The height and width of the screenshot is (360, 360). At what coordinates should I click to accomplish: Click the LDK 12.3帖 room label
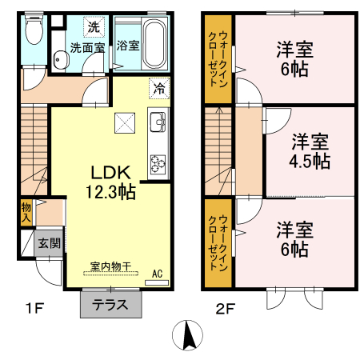[110, 182]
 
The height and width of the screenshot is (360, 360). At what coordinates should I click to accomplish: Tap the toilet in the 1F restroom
[32, 32]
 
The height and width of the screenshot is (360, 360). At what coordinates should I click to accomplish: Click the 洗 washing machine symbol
[94, 27]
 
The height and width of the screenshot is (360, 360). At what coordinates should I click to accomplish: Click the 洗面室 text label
[87, 47]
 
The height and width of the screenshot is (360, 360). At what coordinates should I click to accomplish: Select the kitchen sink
[157, 124]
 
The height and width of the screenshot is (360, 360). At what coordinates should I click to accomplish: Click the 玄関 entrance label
[48, 242]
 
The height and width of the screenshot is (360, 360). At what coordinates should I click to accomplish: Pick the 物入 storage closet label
[26, 212]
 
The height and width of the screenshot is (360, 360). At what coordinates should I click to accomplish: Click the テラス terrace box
[111, 304]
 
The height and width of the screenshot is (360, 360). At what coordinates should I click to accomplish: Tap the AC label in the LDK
[158, 274]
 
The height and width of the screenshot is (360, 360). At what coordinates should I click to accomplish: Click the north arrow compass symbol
[186, 334]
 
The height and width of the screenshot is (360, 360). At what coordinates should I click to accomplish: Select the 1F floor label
[31, 306]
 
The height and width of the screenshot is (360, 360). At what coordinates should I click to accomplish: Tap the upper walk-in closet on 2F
[217, 58]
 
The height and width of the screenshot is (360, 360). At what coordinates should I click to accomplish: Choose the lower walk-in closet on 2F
[217, 242]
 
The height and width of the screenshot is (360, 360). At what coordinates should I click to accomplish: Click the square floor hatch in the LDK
[124, 122]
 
